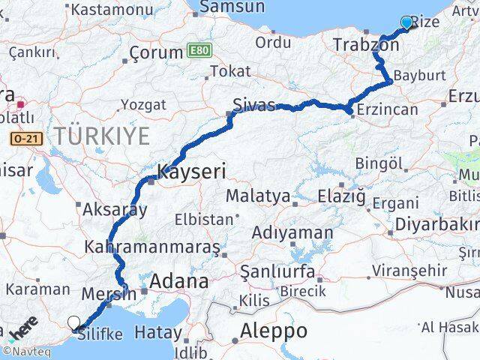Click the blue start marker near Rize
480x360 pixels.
click(x=406, y=22)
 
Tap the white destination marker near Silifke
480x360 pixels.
click(x=73, y=323)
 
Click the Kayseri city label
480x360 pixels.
click(x=191, y=172)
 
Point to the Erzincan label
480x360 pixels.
click(x=388, y=110)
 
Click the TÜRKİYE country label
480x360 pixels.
click(x=101, y=136)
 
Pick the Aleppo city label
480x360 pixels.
click(x=274, y=331)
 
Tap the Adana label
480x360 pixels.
click(x=179, y=282)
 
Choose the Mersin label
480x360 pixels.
click(x=109, y=293)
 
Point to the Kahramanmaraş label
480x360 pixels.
click(x=152, y=247)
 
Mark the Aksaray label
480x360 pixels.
click(x=115, y=210)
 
